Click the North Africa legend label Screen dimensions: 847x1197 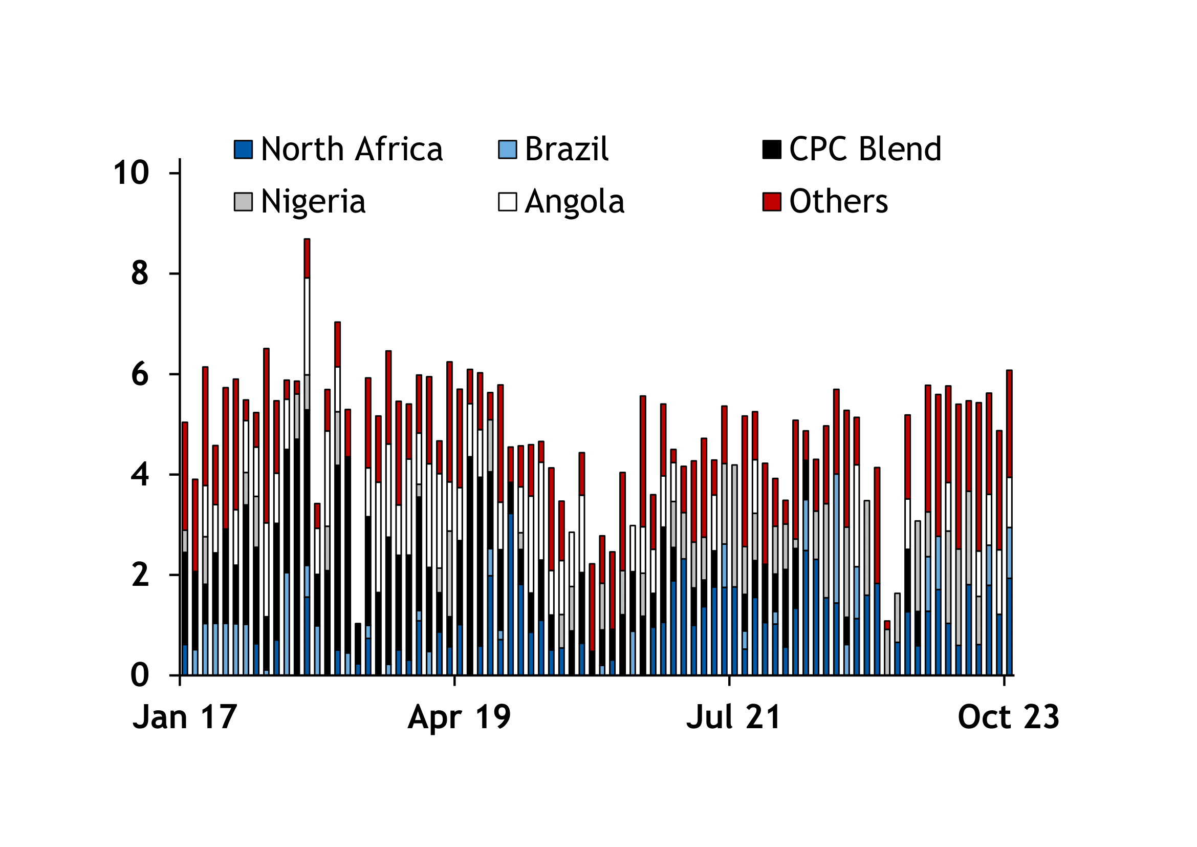click(352, 150)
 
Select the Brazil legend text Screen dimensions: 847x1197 click(566, 150)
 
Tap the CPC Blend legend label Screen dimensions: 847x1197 click(865, 150)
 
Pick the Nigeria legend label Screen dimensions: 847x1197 click(313, 202)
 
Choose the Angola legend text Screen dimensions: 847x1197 click(575, 202)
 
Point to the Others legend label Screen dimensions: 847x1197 click(838, 202)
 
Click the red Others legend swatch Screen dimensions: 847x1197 click(772, 202)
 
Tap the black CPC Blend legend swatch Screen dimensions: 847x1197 click(772, 150)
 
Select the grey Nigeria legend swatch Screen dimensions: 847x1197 click(244, 202)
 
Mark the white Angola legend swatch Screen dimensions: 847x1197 click(507, 202)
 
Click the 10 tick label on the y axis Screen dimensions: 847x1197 click(132, 173)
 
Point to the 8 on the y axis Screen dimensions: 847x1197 click(140, 274)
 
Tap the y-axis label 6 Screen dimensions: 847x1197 click(140, 374)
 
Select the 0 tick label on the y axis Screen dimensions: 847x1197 click(140, 675)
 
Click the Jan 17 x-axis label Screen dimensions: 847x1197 click(185, 717)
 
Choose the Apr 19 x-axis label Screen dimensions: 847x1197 click(459, 717)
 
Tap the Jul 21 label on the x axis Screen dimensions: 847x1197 click(733, 717)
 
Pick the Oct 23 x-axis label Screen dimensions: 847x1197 click(1008, 717)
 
